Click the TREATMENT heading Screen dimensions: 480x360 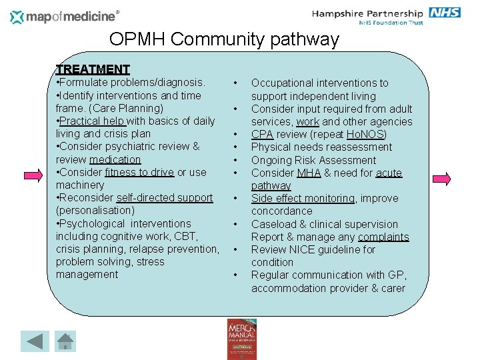pos(93,69)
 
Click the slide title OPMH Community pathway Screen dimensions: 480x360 pos(224,39)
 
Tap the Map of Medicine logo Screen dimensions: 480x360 pos(65,16)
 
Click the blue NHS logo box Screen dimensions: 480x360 pos(445,13)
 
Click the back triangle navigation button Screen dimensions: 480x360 pos(35,341)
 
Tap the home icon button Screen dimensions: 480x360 pos(65,341)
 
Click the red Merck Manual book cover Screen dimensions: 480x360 pos(241,339)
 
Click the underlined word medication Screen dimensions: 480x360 pos(115,159)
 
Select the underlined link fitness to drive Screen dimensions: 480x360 pos(139,172)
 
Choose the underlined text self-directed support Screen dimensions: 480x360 pos(165,197)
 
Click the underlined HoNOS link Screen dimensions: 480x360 pos(367,134)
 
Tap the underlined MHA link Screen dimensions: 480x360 pos(309,173)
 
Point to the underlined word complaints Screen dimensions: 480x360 pos(383,237)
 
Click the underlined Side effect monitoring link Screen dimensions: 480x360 pos(303,198)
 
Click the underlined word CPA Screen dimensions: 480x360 pos(262,134)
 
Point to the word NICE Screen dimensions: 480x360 pos(300,249)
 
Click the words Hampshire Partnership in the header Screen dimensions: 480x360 pos(367,13)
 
